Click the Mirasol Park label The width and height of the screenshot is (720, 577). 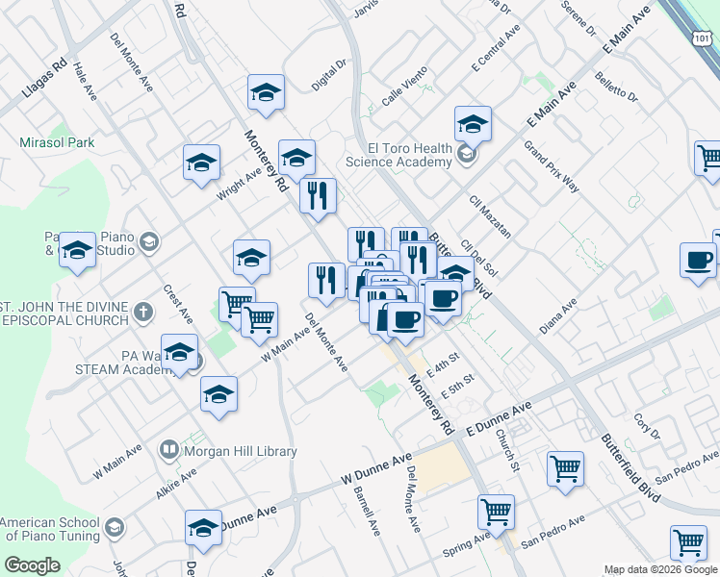pyautogui.click(x=58, y=142)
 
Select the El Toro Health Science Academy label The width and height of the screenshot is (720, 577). pyautogui.click(x=410, y=155)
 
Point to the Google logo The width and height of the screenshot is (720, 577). pyautogui.click(x=33, y=565)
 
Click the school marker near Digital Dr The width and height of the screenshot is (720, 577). pyautogui.click(x=266, y=94)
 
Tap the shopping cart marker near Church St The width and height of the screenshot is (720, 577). pyautogui.click(x=565, y=469)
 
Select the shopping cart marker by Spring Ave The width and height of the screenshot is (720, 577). pyautogui.click(x=496, y=512)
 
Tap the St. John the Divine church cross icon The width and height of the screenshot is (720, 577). pyautogui.click(x=142, y=312)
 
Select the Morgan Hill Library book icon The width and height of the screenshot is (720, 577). pyautogui.click(x=169, y=450)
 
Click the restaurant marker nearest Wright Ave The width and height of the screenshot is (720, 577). pyautogui.click(x=317, y=196)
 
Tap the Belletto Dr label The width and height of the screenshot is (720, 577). pyautogui.click(x=616, y=88)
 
